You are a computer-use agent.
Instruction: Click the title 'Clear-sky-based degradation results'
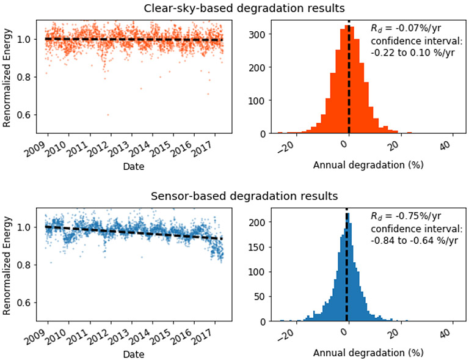point(234,9)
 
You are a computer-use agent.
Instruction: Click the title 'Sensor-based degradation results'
point(234,196)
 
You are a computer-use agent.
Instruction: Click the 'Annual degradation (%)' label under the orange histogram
point(360,165)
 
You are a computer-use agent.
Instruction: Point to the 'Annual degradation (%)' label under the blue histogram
point(360,353)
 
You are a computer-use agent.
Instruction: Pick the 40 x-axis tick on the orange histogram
point(444,146)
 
